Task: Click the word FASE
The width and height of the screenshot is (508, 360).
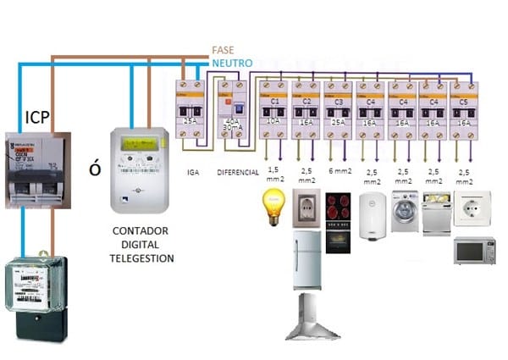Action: [224, 50]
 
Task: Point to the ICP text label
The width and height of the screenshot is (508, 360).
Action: [37, 116]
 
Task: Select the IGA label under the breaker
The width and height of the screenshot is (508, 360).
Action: [192, 172]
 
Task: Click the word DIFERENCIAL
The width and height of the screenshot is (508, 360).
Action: [237, 172]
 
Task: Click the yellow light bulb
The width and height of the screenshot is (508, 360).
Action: [273, 206]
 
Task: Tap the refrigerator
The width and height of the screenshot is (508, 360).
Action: [306, 258]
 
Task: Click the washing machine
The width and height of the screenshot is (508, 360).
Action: [404, 210]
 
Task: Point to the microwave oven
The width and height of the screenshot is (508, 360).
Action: [474, 250]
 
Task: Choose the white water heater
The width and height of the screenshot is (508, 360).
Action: [372, 216]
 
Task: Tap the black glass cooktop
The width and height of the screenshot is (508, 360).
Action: [340, 207]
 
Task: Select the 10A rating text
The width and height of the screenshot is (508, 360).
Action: [273, 122]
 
